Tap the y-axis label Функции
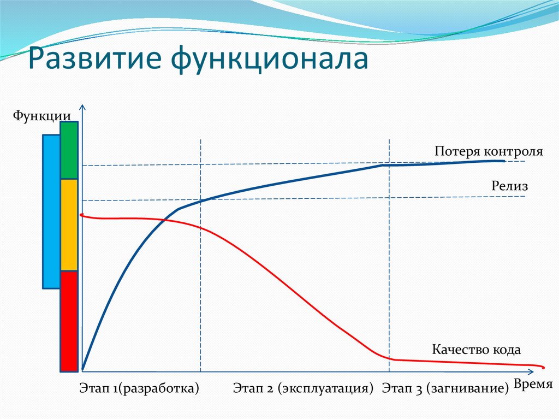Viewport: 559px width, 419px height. tap(41, 115)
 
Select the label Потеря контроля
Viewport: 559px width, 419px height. tap(489, 151)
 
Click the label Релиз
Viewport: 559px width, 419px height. tap(509, 186)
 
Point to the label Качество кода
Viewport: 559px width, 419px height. tap(477, 349)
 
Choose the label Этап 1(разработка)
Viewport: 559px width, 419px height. tap(139, 388)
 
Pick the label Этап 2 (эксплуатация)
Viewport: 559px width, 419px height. tap(303, 388)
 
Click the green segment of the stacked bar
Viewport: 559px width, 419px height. tap(69, 150)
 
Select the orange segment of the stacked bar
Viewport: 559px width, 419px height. tap(69, 225)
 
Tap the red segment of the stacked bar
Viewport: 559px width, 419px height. tap(69, 321)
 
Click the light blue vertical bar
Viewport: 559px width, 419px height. tap(51, 211)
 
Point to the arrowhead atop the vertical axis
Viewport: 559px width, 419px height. tap(82, 108)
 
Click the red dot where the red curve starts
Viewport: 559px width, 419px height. tap(82, 215)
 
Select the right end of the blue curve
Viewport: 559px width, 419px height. tap(504, 161)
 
